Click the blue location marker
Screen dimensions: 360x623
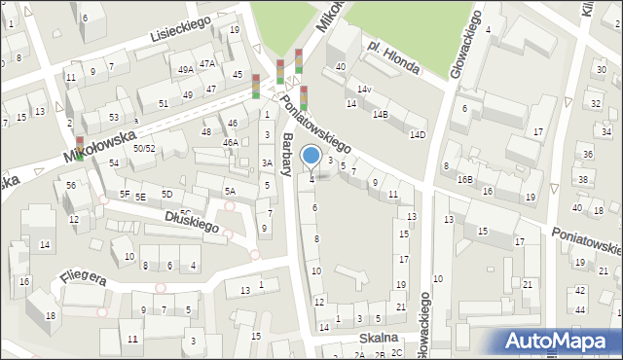pos(311,156)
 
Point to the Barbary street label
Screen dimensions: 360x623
pos(286,154)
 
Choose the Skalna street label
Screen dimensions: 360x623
pos(378,338)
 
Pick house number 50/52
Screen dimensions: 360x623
pos(144,148)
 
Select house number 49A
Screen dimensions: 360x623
pos(185,69)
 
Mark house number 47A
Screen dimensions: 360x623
pos(207,64)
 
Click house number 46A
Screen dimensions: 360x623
pos(231,143)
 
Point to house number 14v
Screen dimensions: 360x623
pos(364,90)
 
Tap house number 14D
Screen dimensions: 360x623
pos(418,134)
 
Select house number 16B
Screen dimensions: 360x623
pos(465,179)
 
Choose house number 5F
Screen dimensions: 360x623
pos(125,194)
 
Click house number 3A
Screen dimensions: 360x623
pos(267,162)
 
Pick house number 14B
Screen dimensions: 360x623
pos(380,115)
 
